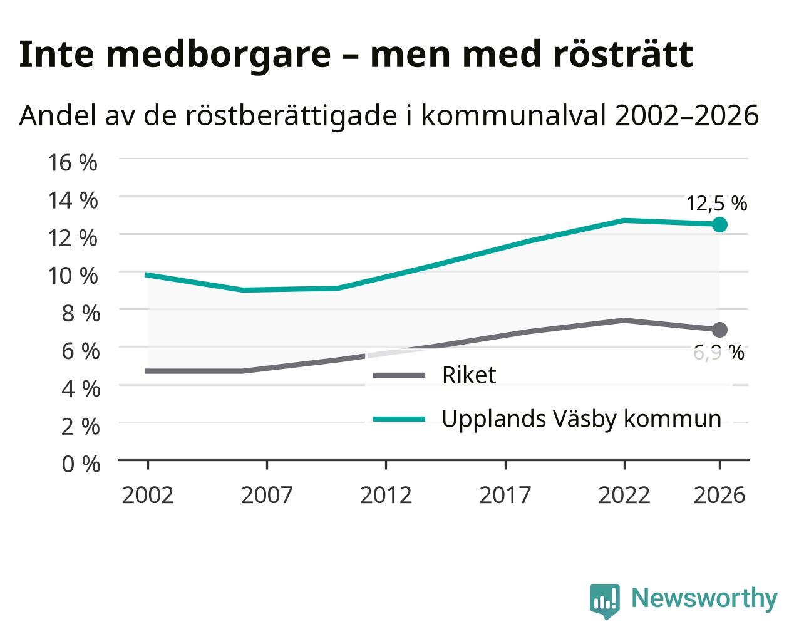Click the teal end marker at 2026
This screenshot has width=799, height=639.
(719, 224)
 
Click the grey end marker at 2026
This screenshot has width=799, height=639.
(719, 330)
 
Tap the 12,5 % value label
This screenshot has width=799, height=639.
(716, 204)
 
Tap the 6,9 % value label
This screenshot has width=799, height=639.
(719, 353)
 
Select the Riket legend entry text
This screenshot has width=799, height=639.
(469, 375)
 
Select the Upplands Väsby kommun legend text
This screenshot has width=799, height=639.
(582, 419)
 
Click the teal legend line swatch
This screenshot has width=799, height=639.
(399, 419)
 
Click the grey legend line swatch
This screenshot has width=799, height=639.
(399, 375)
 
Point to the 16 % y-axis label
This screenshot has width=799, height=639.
(73, 163)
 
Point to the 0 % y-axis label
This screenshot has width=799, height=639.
(81, 464)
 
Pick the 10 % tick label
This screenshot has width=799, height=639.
(73, 276)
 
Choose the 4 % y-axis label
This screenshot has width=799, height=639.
(81, 389)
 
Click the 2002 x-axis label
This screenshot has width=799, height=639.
(148, 495)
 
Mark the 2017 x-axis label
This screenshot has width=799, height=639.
(505, 495)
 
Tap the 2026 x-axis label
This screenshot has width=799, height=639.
(719, 495)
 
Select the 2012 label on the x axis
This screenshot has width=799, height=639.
(386, 495)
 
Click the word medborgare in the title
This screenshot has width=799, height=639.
(219, 55)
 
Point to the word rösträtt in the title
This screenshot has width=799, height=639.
(623, 55)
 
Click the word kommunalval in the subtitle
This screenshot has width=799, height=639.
(515, 115)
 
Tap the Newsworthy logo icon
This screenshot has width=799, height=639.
(605, 601)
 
